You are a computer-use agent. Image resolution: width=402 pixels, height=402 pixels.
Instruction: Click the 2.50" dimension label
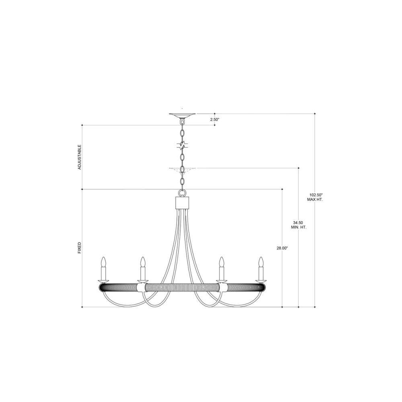pyautogui.click(x=215, y=119)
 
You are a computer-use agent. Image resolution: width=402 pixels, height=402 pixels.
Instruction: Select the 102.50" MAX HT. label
pyautogui.click(x=315, y=197)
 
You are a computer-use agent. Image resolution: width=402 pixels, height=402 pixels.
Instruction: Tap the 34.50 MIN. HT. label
pyautogui.click(x=299, y=225)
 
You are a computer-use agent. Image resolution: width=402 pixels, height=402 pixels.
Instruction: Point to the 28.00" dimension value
pyautogui.click(x=282, y=248)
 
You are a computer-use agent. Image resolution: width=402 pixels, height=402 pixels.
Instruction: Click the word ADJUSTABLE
pyautogui.click(x=80, y=157)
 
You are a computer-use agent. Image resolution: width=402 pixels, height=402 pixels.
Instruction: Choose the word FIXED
pyautogui.click(x=80, y=248)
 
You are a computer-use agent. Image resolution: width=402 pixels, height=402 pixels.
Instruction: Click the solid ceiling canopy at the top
pyautogui.click(x=182, y=116)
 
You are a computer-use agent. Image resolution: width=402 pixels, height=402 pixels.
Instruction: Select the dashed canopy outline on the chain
pyautogui.click(x=182, y=170)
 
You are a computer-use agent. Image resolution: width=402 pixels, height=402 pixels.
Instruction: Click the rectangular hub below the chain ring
pyautogui.click(x=182, y=203)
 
